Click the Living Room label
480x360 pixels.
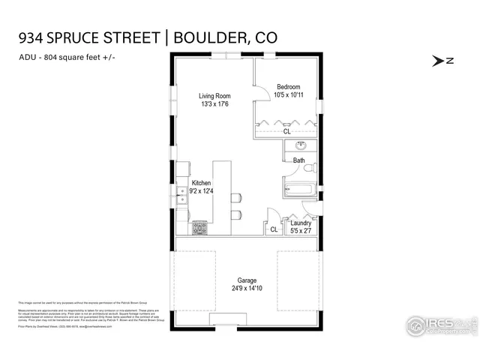pyautogui.click(x=214, y=96)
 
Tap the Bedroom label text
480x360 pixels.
pyautogui.click(x=289, y=86)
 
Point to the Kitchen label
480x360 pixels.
pyautogui.click(x=201, y=184)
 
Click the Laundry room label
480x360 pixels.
pyautogui.click(x=301, y=223)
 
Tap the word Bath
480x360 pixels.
pyautogui.click(x=298, y=160)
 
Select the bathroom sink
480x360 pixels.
pyautogui.click(x=302, y=145)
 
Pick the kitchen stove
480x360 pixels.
pyautogui.click(x=200, y=226)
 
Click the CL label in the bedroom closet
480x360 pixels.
pyautogui.click(x=287, y=131)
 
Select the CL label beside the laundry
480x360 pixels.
pyautogui.click(x=274, y=229)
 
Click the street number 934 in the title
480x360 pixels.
pyautogui.click(x=31, y=38)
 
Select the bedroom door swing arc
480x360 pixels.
pyautogui.click(x=262, y=91)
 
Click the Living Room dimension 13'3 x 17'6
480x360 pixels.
pyautogui.click(x=214, y=105)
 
